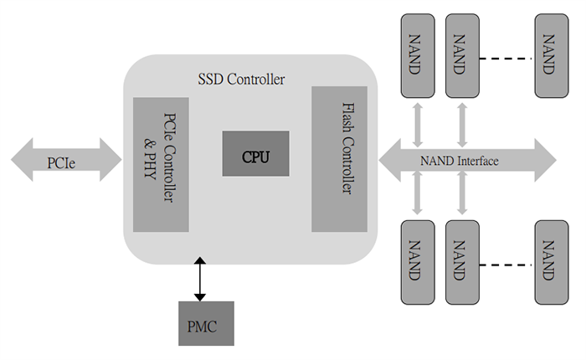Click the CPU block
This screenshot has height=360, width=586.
[x=255, y=153]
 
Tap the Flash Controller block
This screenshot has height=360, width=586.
[x=339, y=158]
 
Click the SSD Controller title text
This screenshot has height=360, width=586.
[x=241, y=80]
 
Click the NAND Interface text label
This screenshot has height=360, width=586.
[x=459, y=159]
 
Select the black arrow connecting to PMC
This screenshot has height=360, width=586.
[x=198, y=280]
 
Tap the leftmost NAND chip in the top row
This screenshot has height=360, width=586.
[x=414, y=54]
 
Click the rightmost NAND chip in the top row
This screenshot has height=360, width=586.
[x=547, y=54]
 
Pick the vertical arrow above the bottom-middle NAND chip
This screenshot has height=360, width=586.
[x=460, y=198]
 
